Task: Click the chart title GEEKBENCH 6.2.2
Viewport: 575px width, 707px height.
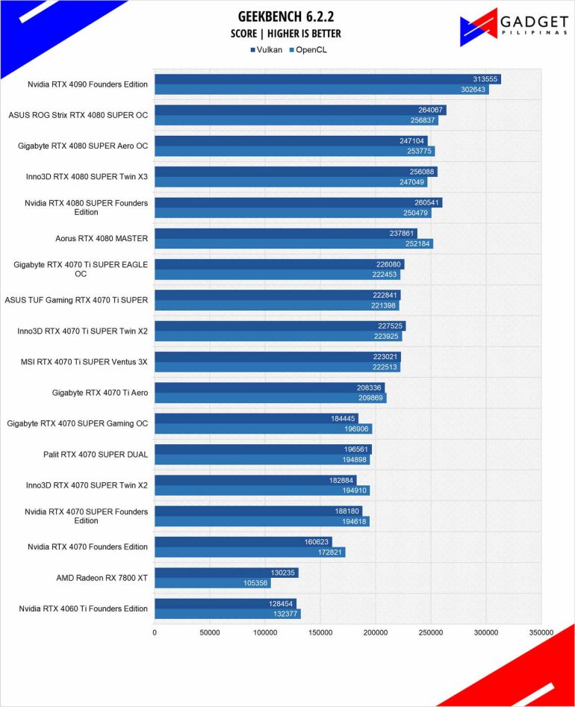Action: click(286, 16)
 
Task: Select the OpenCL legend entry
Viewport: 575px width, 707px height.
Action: click(309, 50)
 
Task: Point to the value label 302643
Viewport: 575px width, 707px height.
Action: click(474, 90)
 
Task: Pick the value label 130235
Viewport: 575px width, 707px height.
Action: click(284, 573)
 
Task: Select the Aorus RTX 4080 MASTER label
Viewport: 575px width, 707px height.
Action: click(101, 238)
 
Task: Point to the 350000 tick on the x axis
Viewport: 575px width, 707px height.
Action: click(541, 633)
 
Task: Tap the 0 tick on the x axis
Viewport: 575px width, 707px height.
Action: click(155, 633)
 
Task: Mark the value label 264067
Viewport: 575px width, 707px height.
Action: click(432, 110)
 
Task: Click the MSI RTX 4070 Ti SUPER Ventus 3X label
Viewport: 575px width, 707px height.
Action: click(84, 361)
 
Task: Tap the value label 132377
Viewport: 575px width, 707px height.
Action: click(286, 614)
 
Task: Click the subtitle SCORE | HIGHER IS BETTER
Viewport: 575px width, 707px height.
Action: click(286, 34)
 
